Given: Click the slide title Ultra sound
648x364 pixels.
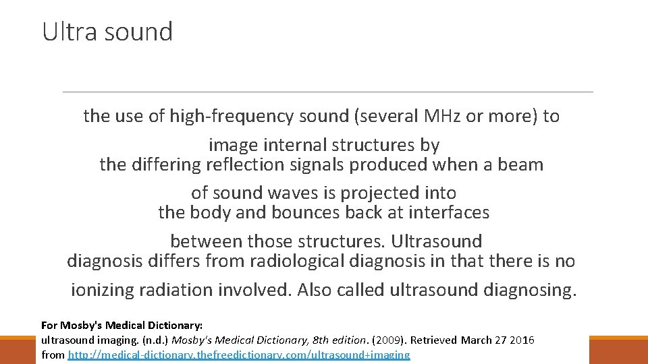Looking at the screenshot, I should [107, 31].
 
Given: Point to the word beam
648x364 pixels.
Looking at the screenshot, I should [520, 164].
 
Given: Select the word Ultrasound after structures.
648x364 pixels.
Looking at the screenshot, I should [437, 241].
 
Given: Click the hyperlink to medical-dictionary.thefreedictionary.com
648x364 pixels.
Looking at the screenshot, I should [239, 355].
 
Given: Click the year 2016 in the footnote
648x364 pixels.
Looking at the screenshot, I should [522, 340].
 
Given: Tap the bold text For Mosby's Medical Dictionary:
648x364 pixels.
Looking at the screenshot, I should [122, 325].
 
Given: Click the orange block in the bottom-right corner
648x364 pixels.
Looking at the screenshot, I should [618, 351].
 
